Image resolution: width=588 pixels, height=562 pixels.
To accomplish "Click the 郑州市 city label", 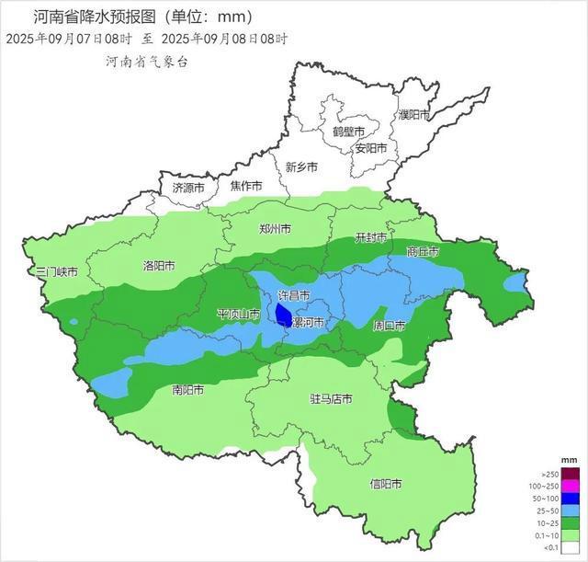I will coord(275,228).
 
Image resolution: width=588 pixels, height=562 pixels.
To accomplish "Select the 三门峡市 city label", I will coord(56,273).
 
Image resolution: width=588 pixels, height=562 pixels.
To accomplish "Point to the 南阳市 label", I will coord(188,389).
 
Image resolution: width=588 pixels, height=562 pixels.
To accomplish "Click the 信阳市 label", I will coord(387,483).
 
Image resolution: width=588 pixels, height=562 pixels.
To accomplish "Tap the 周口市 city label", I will coord(390,326).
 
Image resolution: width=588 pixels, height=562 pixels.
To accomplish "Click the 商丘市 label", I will coord(423,251).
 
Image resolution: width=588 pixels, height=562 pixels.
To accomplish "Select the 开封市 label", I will coord(372,238).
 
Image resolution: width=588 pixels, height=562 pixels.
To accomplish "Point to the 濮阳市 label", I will coord(413,115).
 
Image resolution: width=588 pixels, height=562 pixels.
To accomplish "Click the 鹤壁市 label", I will coord(349,132).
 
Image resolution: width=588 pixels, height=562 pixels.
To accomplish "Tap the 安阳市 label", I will coord(372,147).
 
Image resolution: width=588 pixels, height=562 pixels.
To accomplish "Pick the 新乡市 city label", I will coord(301,167).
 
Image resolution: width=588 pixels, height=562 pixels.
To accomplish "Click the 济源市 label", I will coord(190,187).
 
